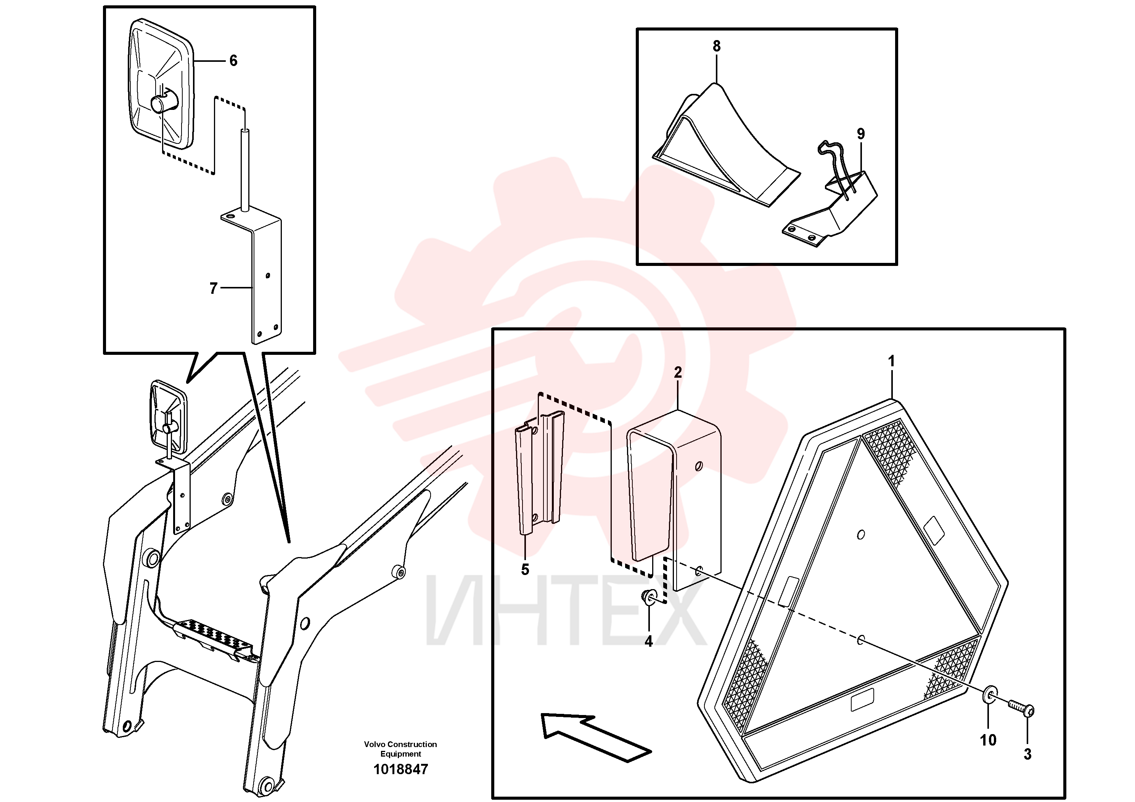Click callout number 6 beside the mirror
233,61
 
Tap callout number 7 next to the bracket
213,288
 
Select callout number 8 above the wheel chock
716,46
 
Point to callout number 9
861,134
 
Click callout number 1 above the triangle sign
891,361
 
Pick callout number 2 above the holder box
678,372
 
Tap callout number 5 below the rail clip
525,570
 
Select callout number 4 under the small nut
649,641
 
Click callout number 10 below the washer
988,740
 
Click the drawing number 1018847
400,769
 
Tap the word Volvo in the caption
375,744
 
